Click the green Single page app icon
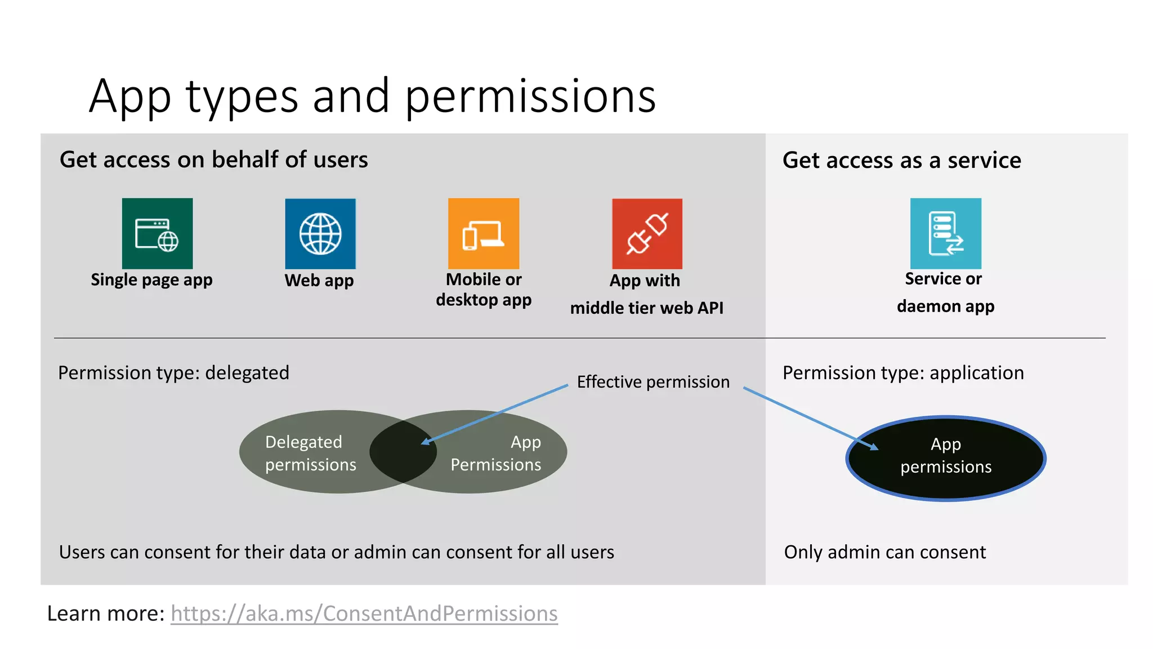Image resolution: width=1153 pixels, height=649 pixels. pos(157,233)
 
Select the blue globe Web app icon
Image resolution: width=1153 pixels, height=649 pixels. pos(320,234)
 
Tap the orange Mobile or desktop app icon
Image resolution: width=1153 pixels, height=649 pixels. pos(484,233)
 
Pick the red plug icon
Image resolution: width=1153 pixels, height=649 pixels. pos(647,234)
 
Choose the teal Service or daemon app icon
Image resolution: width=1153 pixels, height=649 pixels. pos(945,233)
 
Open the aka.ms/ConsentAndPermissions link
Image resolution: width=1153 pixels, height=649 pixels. pos(364,614)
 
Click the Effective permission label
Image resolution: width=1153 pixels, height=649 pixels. pos(653,382)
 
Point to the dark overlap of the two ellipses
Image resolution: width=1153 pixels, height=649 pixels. pos(403,452)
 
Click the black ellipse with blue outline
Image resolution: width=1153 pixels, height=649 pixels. pos(946,479)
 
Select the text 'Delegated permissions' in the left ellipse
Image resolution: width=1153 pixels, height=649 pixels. pos(310,453)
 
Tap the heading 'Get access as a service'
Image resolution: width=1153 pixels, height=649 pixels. pos(901,161)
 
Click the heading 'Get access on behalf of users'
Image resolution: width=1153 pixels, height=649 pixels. pos(214,160)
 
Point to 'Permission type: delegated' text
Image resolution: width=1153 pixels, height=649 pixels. pos(173,373)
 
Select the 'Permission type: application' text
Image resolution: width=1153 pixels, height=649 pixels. pos(903,373)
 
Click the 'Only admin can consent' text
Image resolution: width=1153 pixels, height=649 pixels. pos(884,552)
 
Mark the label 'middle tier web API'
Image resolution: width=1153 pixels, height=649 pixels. pos(646,308)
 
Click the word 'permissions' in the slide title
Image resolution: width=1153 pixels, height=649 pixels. pos(530,96)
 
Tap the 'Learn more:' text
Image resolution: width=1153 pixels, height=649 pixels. pos(105,614)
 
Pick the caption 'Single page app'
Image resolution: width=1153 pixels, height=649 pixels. pos(151,280)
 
